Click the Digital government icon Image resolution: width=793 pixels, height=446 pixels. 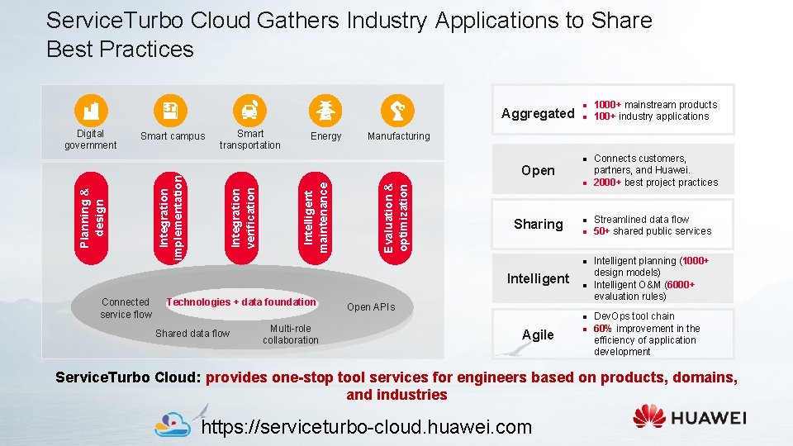tap(91, 110)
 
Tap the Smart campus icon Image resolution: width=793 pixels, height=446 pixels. tap(172, 110)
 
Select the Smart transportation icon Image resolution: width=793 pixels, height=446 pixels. tap(249, 110)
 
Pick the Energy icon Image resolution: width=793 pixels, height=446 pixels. tap(325, 110)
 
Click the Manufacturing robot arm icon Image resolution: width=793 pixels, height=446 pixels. tap(398, 110)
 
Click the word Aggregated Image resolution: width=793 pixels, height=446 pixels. tap(538, 114)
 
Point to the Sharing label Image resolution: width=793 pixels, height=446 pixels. tap(538, 225)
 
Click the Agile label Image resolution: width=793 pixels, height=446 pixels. tap(538, 334)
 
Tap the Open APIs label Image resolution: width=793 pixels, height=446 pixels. tap(371, 307)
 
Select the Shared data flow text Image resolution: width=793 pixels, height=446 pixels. tap(192, 334)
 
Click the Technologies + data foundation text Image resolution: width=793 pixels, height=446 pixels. tap(241, 302)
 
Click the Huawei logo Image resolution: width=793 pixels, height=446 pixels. tap(689, 417)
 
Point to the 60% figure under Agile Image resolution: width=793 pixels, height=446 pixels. tap(601, 328)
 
